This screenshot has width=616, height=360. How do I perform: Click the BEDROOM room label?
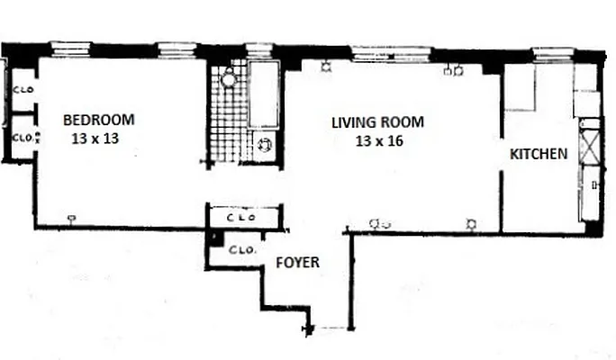point(98,120)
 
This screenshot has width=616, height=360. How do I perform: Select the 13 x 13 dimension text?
point(95,139)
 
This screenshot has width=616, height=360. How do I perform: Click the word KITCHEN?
point(539,154)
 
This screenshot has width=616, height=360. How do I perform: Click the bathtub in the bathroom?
point(266,95)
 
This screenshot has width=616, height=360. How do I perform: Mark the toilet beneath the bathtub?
point(267,145)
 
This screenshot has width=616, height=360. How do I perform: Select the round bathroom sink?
point(229,79)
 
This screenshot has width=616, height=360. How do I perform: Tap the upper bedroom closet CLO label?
point(22,91)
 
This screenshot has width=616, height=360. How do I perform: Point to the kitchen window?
point(547,54)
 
